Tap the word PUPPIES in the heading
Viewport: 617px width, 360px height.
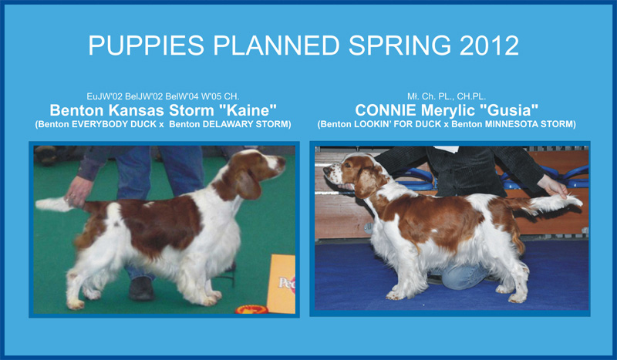(146, 45)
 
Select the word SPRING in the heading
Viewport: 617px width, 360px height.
(400, 45)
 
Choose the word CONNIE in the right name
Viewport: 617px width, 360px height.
(386, 110)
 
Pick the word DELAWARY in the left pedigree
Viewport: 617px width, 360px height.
(229, 124)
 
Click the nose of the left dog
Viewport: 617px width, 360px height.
(282, 160)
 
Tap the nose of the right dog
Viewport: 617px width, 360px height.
(326, 170)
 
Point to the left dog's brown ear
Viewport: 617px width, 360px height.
(248, 184)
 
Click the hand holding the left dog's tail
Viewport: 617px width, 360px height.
(78, 191)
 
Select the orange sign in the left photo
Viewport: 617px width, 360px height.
(282, 284)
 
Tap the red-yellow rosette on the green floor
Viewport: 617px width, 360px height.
(252, 310)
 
